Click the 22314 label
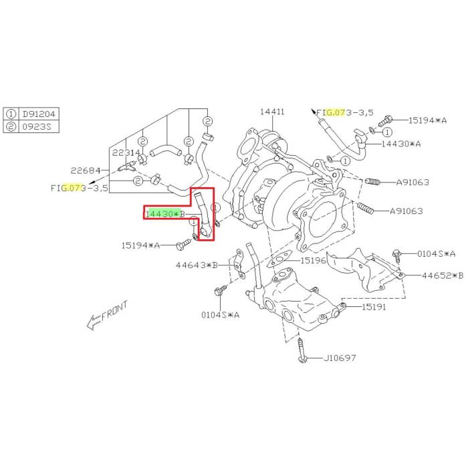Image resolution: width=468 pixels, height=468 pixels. point(126,153)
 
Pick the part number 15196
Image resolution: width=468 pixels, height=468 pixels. point(313,261)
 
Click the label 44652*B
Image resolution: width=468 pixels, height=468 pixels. point(442,275)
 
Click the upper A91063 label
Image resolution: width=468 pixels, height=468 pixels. point(413,182)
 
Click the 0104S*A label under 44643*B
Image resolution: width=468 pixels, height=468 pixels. point(221,314)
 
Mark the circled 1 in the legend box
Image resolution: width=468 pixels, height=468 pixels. point(11,114)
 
